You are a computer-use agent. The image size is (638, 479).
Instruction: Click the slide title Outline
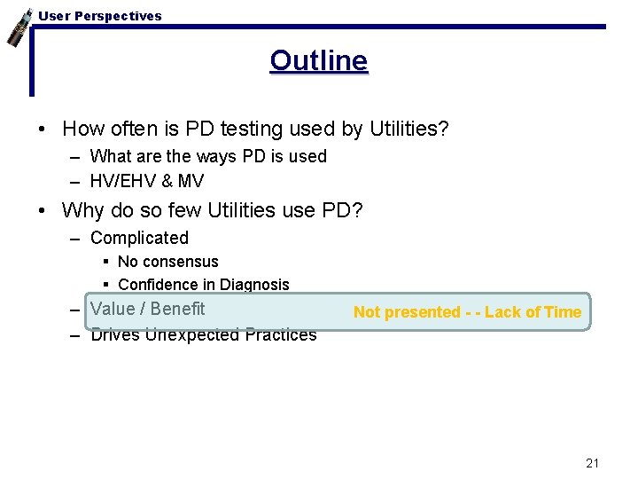click(319, 61)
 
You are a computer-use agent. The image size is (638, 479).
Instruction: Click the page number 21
click(593, 463)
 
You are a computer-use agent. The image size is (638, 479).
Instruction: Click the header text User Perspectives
click(100, 16)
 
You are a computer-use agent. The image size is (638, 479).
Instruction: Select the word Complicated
click(139, 238)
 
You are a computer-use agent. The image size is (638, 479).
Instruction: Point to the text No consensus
click(167, 262)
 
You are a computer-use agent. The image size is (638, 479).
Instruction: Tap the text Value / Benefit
click(147, 309)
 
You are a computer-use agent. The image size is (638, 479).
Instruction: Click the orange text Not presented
click(406, 312)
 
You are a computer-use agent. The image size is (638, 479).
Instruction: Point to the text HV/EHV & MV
click(147, 181)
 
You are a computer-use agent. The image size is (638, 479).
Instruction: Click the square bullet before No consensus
click(105, 262)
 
